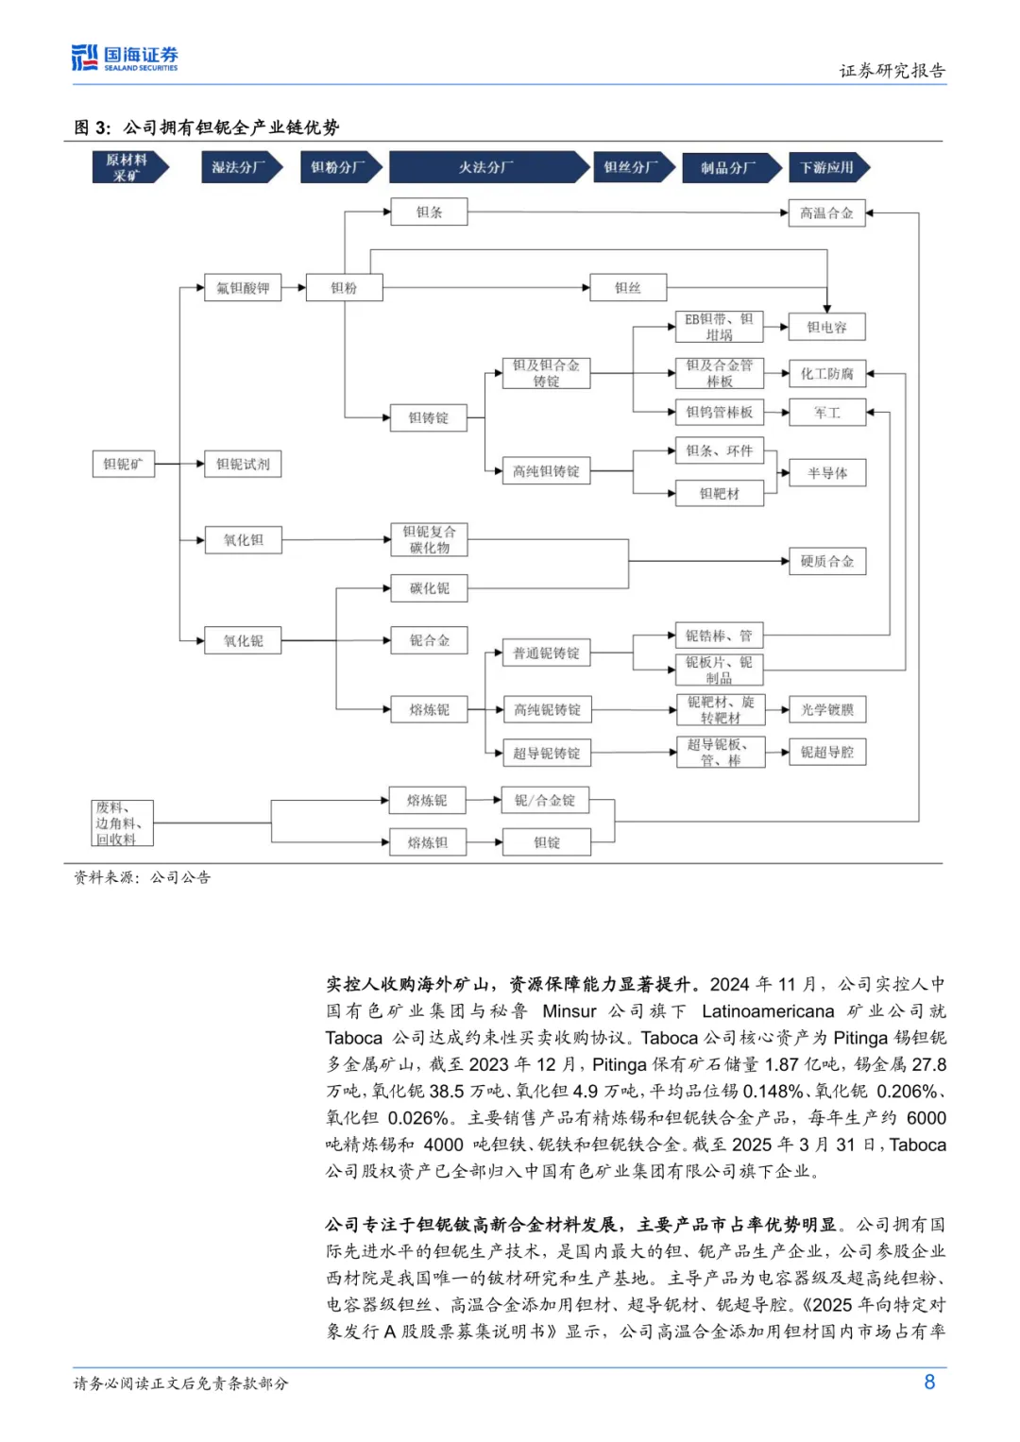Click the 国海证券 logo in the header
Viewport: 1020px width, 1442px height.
click(x=125, y=59)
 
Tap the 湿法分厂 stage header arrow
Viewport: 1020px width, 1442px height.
click(x=240, y=167)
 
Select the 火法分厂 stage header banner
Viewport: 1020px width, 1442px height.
click(x=487, y=167)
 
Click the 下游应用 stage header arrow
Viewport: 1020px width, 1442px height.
click(x=828, y=167)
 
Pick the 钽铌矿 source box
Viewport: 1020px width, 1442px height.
click(x=123, y=464)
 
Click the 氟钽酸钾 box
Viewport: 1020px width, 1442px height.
click(x=243, y=288)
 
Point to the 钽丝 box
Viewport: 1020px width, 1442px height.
click(x=627, y=288)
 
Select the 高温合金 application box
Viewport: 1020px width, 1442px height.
click(x=826, y=213)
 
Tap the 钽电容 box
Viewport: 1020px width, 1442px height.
click(x=826, y=328)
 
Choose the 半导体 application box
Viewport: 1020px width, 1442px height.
click(x=827, y=473)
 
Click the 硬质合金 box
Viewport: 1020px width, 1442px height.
click(x=827, y=562)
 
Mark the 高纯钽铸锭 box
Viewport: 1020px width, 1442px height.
click(x=546, y=471)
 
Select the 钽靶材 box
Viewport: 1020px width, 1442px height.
click(x=720, y=494)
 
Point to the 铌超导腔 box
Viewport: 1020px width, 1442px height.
click(x=827, y=753)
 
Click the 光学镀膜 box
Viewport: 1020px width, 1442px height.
click(x=827, y=710)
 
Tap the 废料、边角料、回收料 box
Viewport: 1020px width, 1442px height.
click(x=122, y=823)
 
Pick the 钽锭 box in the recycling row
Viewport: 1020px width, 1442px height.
click(x=547, y=842)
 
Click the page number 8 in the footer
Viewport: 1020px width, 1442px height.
click(x=929, y=1383)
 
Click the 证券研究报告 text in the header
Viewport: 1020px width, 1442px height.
click(x=892, y=71)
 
